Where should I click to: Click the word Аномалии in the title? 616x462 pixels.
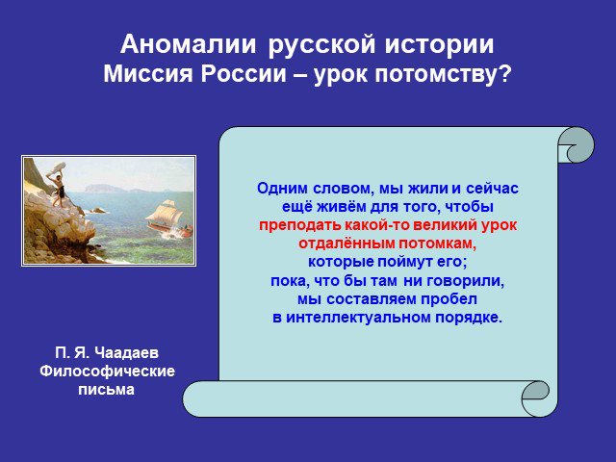pos(189,44)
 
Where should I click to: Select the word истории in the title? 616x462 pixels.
pos(439,44)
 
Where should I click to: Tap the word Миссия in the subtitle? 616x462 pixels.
pos(148,73)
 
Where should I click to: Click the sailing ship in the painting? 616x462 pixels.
pos(169,219)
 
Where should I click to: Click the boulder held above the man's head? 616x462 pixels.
pos(56,167)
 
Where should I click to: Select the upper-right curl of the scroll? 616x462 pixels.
pos(576,144)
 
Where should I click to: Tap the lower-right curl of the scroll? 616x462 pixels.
pos(536,396)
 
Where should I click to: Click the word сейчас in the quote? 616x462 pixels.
pos(492,189)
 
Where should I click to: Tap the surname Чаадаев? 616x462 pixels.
pos(126,352)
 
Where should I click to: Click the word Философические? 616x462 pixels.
pos(107,371)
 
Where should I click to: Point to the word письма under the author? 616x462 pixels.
pos(107,389)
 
